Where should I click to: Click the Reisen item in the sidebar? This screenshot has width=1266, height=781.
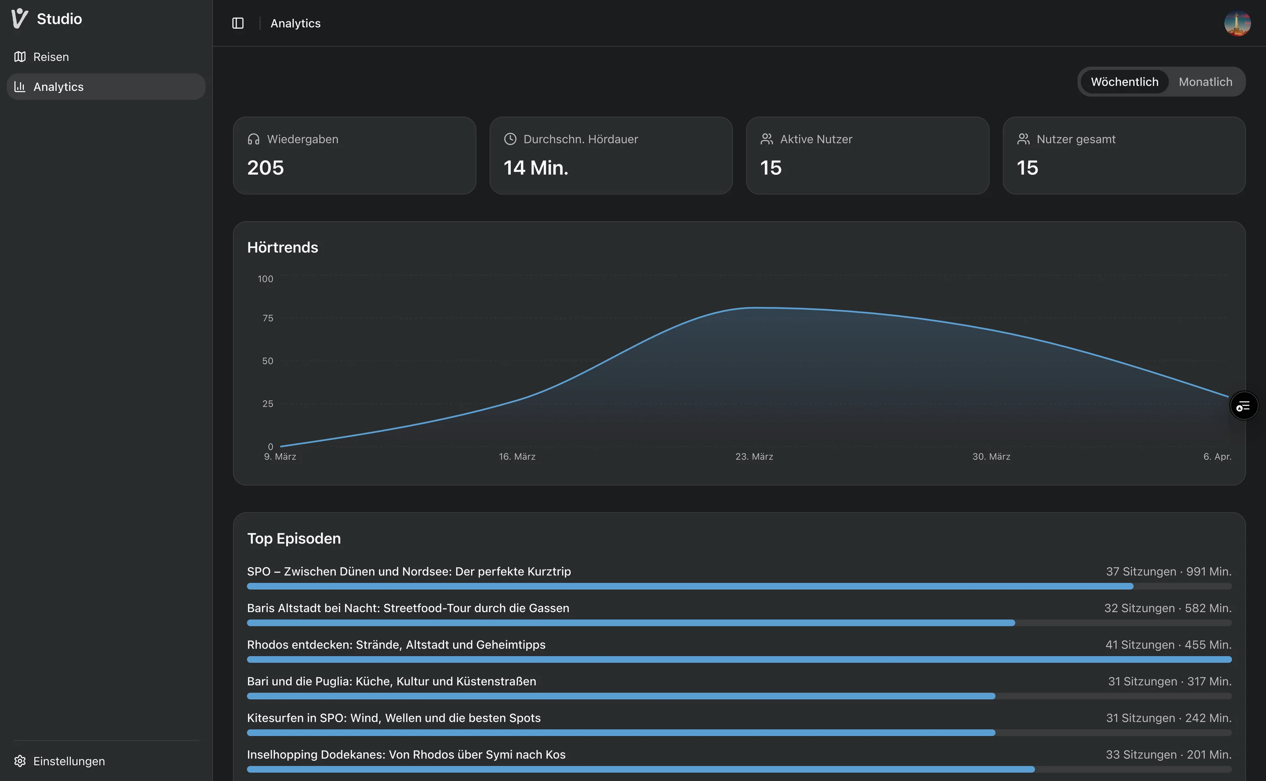[50, 57]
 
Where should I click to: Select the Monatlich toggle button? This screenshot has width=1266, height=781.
[1205, 82]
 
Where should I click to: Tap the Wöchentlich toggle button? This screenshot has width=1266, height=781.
[1124, 82]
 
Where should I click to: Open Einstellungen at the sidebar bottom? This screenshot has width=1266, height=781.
[69, 761]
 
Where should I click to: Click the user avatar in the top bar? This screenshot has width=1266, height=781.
[1237, 23]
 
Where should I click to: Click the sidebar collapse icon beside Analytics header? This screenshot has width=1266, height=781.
[238, 23]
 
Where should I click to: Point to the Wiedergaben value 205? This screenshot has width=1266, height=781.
[266, 168]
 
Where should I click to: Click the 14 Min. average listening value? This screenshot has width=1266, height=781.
[535, 168]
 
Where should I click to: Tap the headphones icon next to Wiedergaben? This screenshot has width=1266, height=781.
[254, 139]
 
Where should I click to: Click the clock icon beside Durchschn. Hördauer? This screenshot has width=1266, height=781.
[509, 139]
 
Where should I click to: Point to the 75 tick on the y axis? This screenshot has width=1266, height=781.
[267, 318]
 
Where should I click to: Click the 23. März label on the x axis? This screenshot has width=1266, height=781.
[754, 456]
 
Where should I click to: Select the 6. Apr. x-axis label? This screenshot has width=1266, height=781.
[1217, 456]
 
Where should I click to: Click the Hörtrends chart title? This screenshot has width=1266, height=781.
[282, 248]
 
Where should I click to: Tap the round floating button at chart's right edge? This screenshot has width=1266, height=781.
[1243, 405]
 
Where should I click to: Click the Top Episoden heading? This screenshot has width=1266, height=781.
[294, 538]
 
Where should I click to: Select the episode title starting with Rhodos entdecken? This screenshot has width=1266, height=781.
[396, 645]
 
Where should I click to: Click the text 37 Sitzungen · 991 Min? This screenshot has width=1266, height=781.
[1168, 571]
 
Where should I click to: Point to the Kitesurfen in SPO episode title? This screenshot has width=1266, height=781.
[393, 718]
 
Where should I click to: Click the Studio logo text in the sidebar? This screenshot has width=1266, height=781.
[59, 19]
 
